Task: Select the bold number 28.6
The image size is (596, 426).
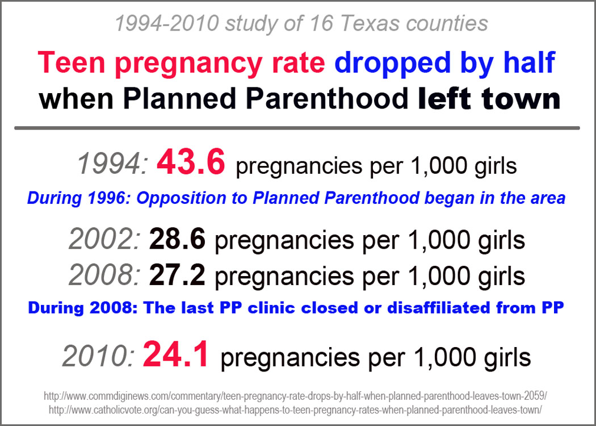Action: (x=177, y=241)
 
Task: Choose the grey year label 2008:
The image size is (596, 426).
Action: (x=104, y=276)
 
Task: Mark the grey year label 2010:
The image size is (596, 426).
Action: (x=98, y=357)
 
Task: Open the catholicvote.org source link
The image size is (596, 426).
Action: (x=295, y=408)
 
